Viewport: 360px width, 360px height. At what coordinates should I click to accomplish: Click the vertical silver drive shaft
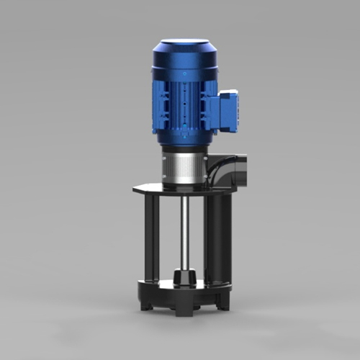point(186,230)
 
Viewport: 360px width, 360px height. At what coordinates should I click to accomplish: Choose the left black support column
point(151,238)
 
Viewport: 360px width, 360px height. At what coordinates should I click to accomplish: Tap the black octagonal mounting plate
point(184,190)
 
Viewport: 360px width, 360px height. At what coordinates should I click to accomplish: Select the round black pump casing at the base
point(184,292)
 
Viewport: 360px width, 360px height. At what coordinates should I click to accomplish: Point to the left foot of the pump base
point(146,305)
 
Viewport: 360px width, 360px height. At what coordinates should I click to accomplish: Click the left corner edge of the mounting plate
point(135,191)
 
